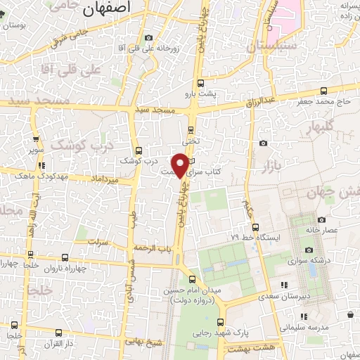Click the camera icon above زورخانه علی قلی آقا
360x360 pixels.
[148, 38]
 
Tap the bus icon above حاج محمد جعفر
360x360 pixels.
[323, 91]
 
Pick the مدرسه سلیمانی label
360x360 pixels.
[302, 328]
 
